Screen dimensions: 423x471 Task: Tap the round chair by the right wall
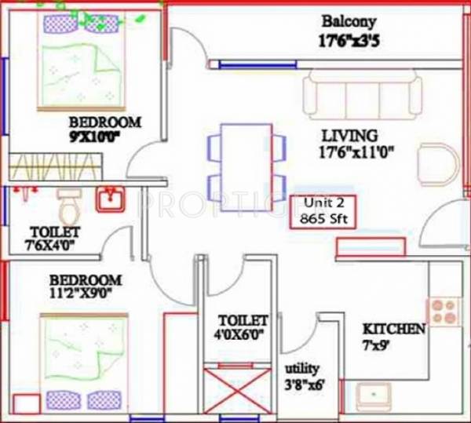coord(437,164)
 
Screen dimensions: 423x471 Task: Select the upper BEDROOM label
coord(104,122)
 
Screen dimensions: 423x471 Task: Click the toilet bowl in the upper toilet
coord(68,208)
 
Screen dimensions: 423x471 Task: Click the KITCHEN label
coord(394,329)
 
